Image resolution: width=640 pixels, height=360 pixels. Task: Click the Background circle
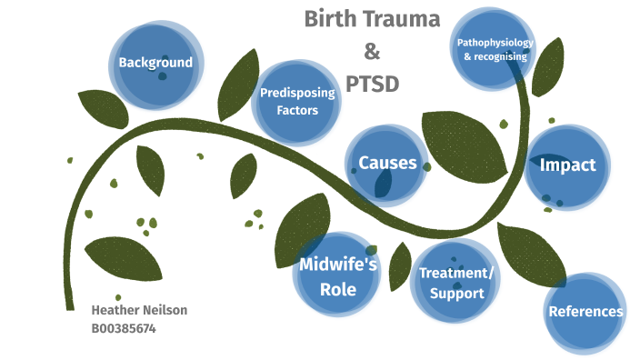155,64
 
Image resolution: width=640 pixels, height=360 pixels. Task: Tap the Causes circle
387,165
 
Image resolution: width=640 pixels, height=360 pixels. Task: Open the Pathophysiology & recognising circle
495,50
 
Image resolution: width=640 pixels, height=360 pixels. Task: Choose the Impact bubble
567,165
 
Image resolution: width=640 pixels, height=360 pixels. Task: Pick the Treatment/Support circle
456,283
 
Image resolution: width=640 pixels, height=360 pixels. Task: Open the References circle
585,312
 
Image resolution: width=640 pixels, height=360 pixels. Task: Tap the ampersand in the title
371,51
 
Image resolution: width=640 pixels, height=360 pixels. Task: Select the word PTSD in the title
372,84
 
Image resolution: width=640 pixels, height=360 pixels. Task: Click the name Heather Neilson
139,310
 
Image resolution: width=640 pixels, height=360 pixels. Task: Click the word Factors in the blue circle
297,111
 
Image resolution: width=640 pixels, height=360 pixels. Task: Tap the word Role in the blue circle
337,289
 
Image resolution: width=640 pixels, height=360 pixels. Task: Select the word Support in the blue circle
456,294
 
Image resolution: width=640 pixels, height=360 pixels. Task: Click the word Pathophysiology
495,43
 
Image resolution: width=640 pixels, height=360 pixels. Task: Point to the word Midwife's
337,265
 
